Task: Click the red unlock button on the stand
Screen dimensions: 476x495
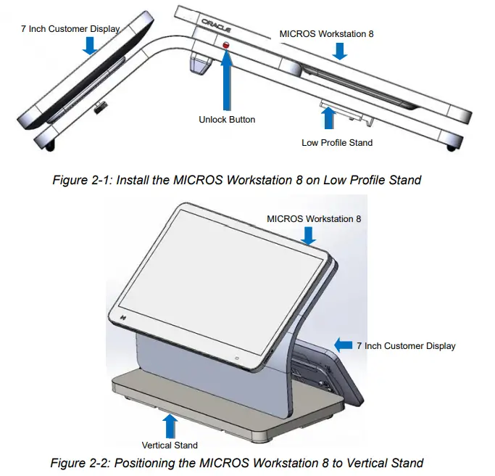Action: [x=226, y=46]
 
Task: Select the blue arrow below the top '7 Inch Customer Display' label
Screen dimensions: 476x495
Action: [x=89, y=46]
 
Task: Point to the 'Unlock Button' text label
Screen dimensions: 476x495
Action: [x=227, y=119]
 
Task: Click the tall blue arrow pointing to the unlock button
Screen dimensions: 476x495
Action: [x=227, y=80]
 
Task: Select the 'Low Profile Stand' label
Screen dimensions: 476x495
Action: [x=337, y=143]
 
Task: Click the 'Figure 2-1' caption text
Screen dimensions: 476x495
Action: [x=236, y=180]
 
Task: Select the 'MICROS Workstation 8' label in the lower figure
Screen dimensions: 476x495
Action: [x=314, y=218]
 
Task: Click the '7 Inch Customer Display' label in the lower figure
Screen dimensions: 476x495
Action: [x=406, y=346]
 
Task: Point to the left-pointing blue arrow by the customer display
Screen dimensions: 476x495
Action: [x=343, y=345]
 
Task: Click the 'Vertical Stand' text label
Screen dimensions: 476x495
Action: [x=170, y=445]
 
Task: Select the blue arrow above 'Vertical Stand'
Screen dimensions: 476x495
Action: [x=170, y=425]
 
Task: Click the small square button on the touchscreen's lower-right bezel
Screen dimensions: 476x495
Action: [x=237, y=358]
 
